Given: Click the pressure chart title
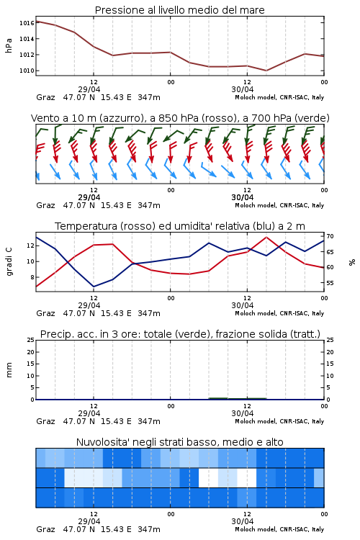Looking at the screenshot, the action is click(179, 10).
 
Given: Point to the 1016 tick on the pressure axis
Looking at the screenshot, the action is click(27, 23).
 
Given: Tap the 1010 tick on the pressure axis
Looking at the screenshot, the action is click(27, 71).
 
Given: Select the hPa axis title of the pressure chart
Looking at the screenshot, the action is click(9, 45).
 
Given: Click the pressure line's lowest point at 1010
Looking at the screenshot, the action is click(266, 71).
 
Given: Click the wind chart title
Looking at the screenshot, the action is click(180, 118).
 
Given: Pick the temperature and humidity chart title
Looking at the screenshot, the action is click(180, 226).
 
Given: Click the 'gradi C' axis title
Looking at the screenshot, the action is click(9, 261).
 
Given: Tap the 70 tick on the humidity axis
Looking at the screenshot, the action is click(330, 236).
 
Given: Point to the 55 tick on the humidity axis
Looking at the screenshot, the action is click(330, 283).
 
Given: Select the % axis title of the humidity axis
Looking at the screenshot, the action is click(352, 262).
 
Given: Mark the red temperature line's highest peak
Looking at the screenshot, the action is click(266, 237).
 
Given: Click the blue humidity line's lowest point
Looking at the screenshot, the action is click(94, 287).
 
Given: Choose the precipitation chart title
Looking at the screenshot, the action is click(180, 334).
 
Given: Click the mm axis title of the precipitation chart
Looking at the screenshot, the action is click(9, 369).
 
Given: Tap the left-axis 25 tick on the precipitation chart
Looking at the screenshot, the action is click(31, 340).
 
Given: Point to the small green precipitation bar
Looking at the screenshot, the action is click(238, 398).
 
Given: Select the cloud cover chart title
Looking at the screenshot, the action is click(179, 442).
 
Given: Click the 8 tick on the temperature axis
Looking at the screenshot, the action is click(32, 277).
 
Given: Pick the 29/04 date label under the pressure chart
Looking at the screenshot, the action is click(89, 89).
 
